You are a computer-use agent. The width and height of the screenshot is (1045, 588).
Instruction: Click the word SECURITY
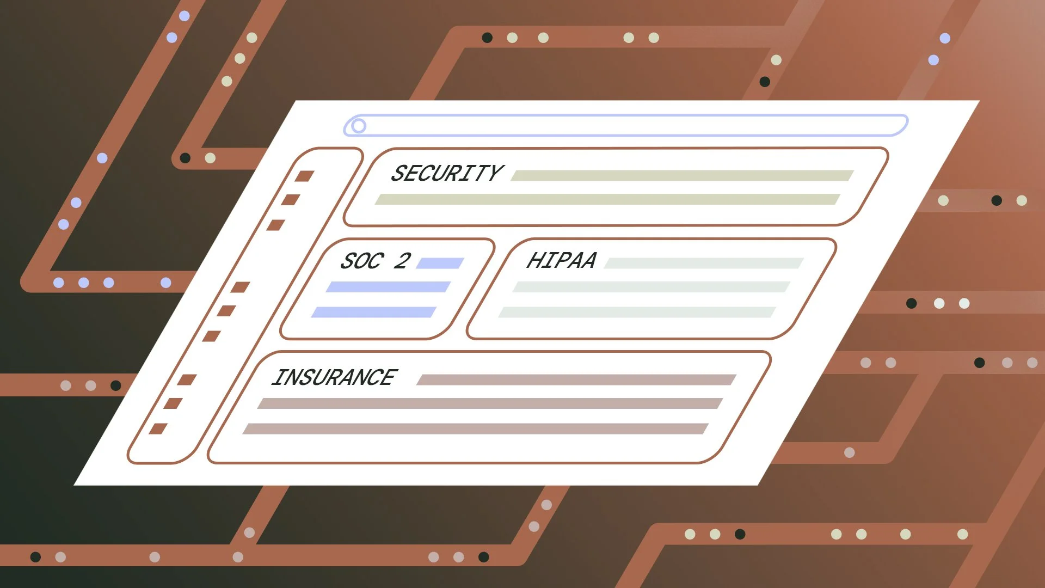[447, 173]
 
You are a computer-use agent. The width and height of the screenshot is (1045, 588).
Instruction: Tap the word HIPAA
[562, 260]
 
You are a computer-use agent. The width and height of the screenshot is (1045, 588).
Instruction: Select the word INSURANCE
[335, 377]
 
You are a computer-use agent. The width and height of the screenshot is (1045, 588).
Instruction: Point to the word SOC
[362, 261]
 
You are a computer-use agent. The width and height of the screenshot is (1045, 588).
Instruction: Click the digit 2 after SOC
[402, 261]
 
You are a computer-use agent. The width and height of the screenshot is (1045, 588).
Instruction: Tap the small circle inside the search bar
[358, 126]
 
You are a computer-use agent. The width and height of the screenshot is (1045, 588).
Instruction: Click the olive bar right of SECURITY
[682, 175]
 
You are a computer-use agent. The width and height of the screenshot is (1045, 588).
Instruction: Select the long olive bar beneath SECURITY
[607, 199]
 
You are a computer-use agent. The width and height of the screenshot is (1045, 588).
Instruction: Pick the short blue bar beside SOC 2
[440, 264]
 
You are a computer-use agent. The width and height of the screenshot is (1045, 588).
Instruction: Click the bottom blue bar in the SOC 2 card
[374, 312]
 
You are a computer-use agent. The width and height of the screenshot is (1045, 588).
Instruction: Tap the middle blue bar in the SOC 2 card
[388, 287]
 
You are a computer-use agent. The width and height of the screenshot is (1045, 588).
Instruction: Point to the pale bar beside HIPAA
[704, 264]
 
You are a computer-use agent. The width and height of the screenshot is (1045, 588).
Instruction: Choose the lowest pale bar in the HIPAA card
[637, 312]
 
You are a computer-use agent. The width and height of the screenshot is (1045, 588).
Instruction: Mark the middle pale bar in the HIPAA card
[651, 287]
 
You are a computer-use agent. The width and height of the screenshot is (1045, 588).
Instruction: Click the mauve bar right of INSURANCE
[576, 379]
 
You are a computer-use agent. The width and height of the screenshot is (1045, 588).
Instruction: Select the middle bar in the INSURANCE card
[490, 403]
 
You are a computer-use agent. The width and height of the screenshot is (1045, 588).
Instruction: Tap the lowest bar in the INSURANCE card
[475, 428]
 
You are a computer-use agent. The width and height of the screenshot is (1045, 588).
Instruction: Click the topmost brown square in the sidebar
[304, 176]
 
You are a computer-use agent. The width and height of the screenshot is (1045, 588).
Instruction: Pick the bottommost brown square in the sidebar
[158, 428]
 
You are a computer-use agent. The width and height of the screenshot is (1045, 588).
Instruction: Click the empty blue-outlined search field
[626, 125]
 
